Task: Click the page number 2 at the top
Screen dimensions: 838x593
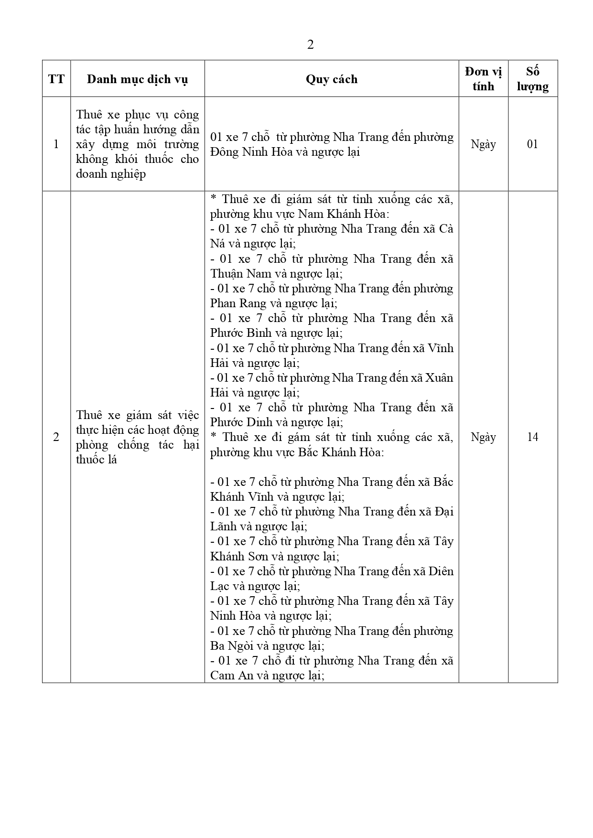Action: pyautogui.click(x=310, y=45)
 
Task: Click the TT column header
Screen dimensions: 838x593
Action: pyautogui.click(x=56, y=79)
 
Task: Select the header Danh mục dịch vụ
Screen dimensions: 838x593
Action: pyautogui.click(x=137, y=79)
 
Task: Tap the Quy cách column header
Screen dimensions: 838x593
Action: pyautogui.click(x=332, y=79)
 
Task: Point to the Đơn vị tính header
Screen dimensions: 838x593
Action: pyautogui.click(x=483, y=79)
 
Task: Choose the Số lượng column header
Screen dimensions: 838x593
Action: pyautogui.click(x=532, y=79)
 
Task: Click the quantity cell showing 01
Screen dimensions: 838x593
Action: pyautogui.click(x=532, y=144)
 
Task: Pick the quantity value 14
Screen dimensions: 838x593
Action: pyautogui.click(x=532, y=437)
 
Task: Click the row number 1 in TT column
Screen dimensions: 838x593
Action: pyautogui.click(x=56, y=144)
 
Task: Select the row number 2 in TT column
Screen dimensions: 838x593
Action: pyautogui.click(x=56, y=437)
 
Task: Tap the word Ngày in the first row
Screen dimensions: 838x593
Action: pyautogui.click(x=483, y=144)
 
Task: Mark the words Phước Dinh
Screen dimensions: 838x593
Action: pyautogui.click(x=234, y=422)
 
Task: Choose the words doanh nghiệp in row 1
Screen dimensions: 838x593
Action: pyautogui.click(x=111, y=174)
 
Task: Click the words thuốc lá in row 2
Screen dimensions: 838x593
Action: pyautogui.click(x=97, y=460)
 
